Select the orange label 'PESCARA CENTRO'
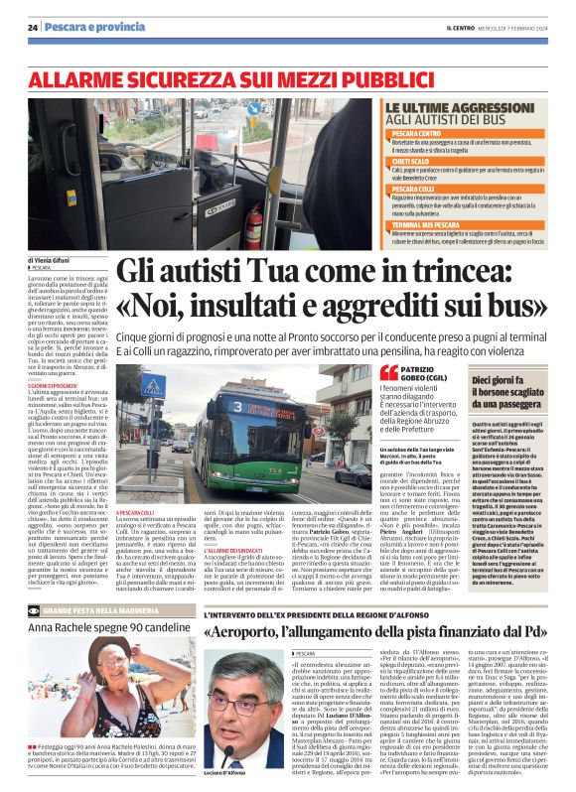coord(422,133)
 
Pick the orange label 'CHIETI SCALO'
coord(416,161)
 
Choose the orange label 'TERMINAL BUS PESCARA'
coord(431,225)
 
